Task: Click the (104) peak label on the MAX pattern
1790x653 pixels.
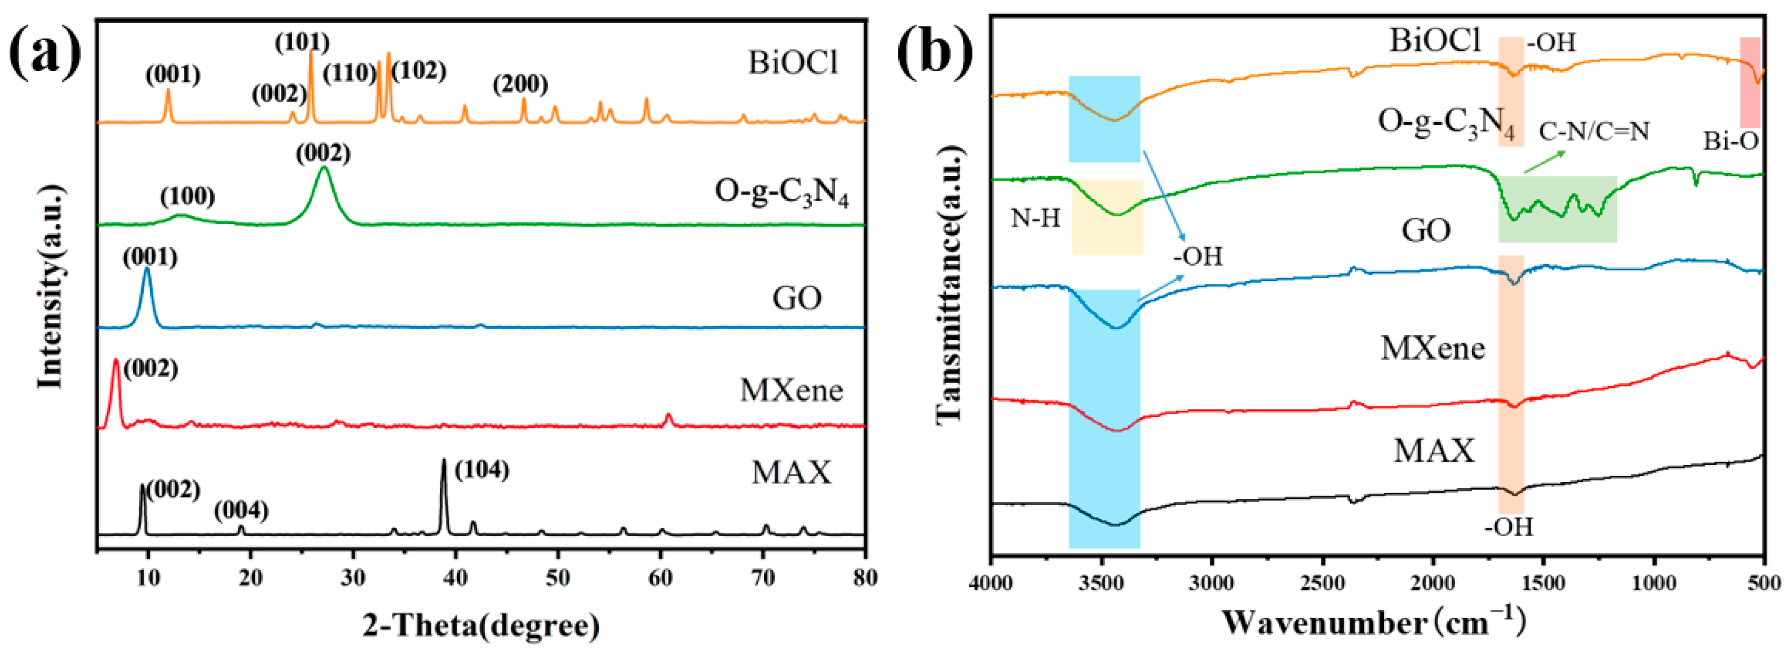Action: (481, 470)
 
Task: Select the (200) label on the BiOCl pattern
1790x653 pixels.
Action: (520, 85)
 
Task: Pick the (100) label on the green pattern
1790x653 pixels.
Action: (188, 198)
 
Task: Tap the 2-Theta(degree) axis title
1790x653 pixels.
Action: (481, 626)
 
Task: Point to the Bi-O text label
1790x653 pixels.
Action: (1730, 142)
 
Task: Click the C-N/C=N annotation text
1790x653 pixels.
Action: (1593, 131)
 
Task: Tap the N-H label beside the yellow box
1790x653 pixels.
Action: (1035, 219)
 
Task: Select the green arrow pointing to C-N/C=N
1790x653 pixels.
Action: (1543, 162)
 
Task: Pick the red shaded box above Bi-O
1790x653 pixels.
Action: (1750, 82)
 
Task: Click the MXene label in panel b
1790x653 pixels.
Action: (1432, 348)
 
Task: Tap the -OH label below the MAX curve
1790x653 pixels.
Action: (1508, 527)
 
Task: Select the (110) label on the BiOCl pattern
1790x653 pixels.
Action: (350, 72)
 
